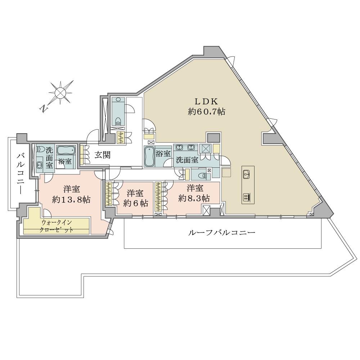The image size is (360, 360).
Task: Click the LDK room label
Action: pos(206,101)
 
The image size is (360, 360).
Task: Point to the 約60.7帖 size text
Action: pos(206,112)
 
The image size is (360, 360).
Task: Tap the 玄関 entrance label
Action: pos(103,155)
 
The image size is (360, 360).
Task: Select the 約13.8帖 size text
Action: pos(71,199)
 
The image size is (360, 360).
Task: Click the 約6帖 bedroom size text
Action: pos(135,203)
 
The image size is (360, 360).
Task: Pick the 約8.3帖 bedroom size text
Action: pos(194,198)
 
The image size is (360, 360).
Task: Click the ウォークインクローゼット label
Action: pos(57,226)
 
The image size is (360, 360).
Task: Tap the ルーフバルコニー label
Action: pos(221,233)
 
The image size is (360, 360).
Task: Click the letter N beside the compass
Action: pos(43,109)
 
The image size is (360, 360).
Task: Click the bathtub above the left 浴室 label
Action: pos(66,150)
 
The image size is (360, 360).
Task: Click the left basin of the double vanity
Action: pos(179,147)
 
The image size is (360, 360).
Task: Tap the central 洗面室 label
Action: pos(187,160)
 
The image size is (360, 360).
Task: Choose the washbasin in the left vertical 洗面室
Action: pos(40,165)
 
